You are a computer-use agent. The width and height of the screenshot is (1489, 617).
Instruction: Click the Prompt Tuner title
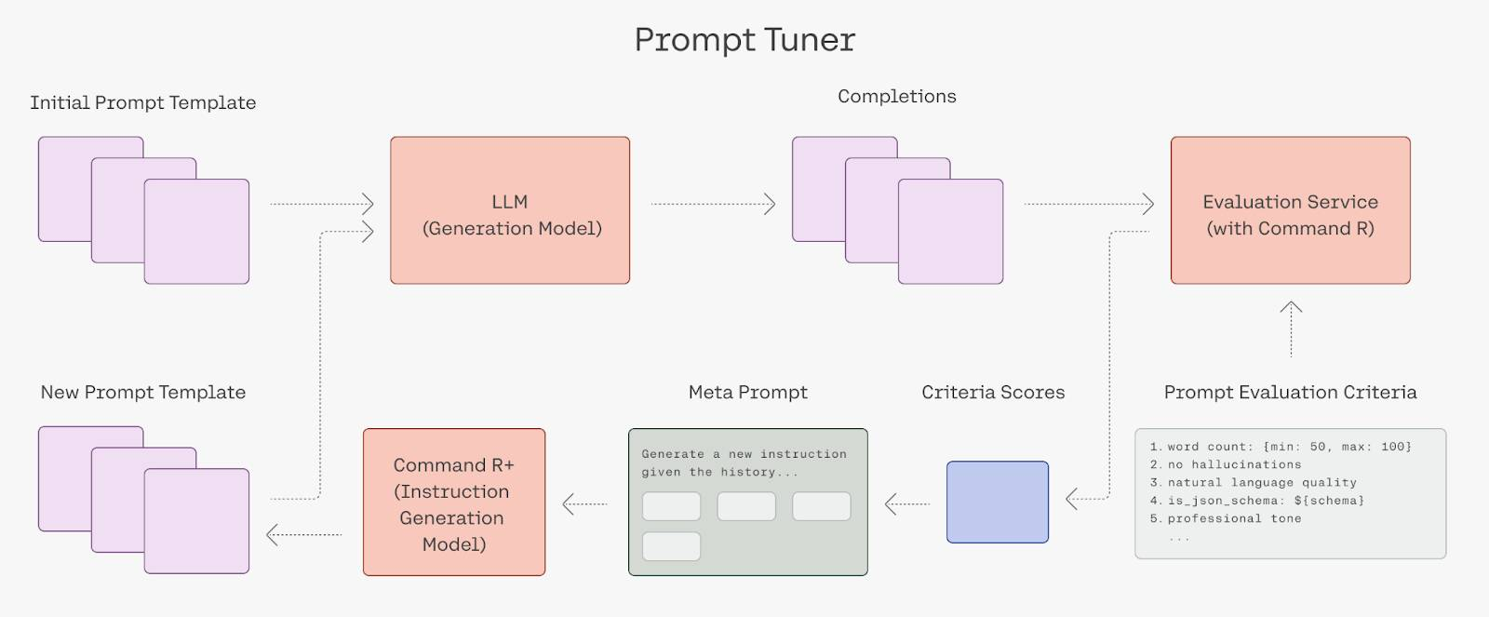744,40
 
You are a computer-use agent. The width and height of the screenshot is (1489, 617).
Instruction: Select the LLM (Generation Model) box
510,210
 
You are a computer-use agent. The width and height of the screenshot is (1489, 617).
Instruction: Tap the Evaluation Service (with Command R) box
1290,210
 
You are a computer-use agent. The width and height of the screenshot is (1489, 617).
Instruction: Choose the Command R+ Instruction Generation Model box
454,502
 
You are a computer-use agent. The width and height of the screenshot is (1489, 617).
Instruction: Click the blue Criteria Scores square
997,502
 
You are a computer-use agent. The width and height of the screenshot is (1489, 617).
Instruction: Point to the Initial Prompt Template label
143,103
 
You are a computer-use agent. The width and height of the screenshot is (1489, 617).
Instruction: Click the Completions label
897,97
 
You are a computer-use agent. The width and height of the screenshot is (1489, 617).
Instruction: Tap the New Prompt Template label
143,393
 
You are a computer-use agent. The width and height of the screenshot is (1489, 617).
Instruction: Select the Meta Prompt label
748,393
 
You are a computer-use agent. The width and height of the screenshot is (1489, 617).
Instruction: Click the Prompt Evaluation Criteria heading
1290,393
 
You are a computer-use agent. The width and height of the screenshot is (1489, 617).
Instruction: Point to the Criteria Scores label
993,393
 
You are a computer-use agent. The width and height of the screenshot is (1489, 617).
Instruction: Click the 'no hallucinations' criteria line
1225,464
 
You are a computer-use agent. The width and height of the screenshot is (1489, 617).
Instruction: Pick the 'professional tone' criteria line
1225,518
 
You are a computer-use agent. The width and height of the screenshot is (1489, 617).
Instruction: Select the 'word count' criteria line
1281,447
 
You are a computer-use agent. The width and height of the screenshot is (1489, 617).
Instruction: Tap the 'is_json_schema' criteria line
1256,501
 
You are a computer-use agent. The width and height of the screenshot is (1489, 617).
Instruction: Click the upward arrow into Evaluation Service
1291,329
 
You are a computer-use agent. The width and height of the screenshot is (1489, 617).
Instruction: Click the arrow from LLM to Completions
713,204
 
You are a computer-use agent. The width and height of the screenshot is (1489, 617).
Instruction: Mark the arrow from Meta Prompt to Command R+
585,504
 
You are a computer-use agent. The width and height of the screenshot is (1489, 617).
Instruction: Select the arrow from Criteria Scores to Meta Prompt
907,504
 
